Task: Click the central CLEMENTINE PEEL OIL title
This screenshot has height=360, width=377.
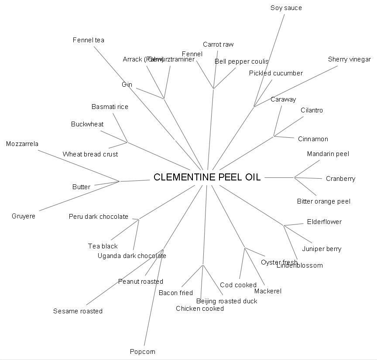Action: (x=207, y=177)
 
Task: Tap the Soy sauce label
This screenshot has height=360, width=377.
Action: (x=286, y=8)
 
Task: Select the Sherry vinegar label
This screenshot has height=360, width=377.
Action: (x=349, y=59)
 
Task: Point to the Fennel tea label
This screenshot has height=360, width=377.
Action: (x=89, y=40)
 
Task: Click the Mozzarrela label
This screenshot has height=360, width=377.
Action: (x=22, y=144)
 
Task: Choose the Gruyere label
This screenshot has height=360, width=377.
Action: (x=24, y=216)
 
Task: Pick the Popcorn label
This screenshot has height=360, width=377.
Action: (x=143, y=352)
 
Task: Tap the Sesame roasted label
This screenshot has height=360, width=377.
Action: (x=78, y=311)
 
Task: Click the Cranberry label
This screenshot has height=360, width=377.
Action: (x=340, y=179)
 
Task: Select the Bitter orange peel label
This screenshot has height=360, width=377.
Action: (x=323, y=201)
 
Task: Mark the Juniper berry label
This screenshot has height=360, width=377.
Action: (x=322, y=249)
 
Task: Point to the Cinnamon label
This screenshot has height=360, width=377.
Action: (x=313, y=139)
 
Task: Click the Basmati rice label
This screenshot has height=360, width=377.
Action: (x=110, y=107)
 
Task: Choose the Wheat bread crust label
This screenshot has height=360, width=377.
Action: (x=90, y=154)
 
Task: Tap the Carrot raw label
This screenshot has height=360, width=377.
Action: (x=218, y=44)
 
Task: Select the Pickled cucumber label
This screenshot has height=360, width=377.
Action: (x=276, y=73)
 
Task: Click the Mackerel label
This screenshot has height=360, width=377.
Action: (x=268, y=291)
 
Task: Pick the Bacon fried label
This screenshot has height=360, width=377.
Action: (x=176, y=293)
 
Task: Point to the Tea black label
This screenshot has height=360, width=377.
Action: (x=103, y=246)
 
